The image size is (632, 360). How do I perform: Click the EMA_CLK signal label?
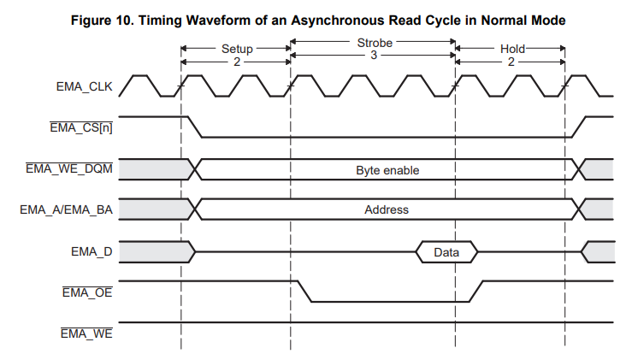pyautogui.click(x=85, y=87)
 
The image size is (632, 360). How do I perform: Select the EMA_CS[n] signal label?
pyautogui.click(x=84, y=128)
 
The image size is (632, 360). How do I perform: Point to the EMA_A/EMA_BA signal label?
pyautogui.click(x=66, y=210)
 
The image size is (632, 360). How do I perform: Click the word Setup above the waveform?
pyautogui.click(x=236, y=49)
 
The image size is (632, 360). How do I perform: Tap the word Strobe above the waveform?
pyautogui.click(x=374, y=42)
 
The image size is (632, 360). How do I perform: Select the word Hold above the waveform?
pyautogui.click(x=511, y=49)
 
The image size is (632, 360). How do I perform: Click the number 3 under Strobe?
pyautogui.click(x=374, y=56)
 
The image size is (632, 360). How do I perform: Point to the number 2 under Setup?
pyautogui.click(x=236, y=62)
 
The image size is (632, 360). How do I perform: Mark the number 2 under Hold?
pyautogui.click(x=511, y=62)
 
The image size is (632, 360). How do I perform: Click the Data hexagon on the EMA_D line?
pyautogui.click(x=446, y=252)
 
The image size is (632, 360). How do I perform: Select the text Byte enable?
pyautogui.click(x=387, y=170)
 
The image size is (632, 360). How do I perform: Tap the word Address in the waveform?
pyautogui.click(x=387, y=210)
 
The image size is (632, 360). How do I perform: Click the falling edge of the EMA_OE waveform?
pyautogui.click(x=303, y=291)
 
